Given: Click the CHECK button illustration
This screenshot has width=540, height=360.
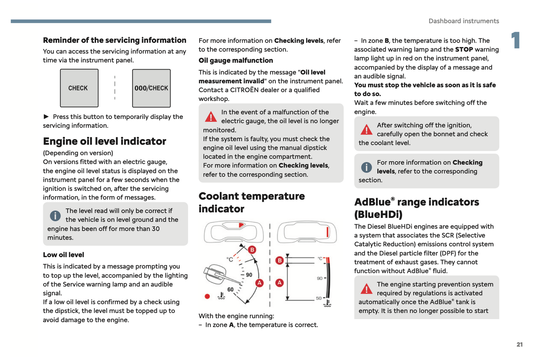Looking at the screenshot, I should (79, 88).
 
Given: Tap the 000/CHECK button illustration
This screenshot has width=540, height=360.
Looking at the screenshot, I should (151, 88).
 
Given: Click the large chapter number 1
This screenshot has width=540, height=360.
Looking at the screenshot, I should (516, 40).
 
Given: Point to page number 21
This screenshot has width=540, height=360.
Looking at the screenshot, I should (519, 345).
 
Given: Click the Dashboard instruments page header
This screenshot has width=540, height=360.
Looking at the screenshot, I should (463, 21).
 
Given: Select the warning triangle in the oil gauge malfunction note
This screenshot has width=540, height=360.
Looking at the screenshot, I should (211, 117).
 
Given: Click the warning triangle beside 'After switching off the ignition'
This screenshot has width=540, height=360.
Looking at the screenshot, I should (366, 130).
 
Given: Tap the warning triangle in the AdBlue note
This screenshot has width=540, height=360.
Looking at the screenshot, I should (366, 289).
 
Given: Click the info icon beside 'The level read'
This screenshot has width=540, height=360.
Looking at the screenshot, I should (55, 216).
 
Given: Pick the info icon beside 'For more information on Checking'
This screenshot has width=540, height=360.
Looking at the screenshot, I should (366, 167).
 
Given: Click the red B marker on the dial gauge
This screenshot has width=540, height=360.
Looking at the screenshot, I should (252, 250).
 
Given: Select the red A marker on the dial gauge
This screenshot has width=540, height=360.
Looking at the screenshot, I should (259, 283).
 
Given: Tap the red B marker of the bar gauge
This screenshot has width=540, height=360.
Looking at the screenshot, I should (280, 261).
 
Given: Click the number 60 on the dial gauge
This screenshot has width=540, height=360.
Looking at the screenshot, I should (231, 289).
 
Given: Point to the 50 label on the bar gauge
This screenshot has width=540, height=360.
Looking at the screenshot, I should (319, 298).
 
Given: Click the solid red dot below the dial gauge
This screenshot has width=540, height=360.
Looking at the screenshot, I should (207, 296).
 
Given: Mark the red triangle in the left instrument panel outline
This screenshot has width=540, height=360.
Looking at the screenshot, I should (241, 225).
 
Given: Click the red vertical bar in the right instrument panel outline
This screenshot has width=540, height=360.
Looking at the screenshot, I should (327, 232).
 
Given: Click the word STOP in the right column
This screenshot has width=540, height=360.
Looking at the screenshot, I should (464, 49).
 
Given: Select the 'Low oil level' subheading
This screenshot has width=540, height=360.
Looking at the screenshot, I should (64, 255).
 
